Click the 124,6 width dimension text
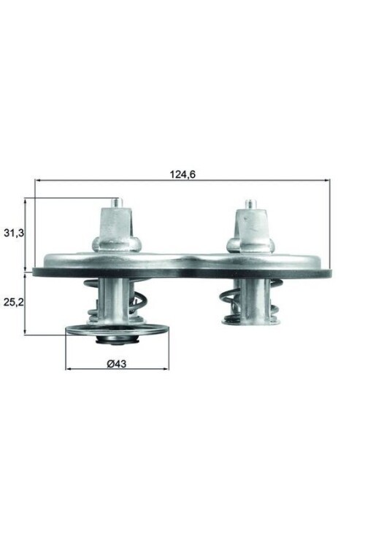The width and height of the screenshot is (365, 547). pos(182,174)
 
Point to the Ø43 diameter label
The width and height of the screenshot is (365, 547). pos(117,364)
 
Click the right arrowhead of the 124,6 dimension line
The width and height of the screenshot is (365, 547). pos(328,182)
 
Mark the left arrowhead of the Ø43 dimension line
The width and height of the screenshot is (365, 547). pos(69,368)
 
